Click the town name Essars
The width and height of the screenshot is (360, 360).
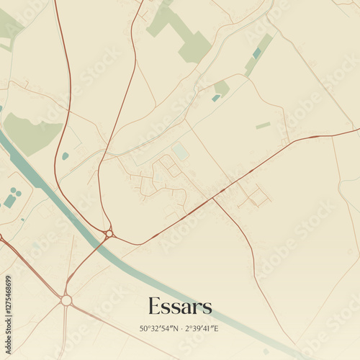[x=180, y=306]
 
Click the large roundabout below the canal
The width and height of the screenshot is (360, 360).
[x=66, y=300]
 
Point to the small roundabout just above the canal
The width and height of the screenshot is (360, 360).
[x=109, y=233]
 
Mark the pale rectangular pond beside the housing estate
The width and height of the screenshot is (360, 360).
[x=181, y=152]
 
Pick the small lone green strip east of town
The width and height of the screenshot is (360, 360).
[x=263, y=125]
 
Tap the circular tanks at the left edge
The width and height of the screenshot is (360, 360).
[x=11, y=197]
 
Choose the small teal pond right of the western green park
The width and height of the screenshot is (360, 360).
[x=66, y=156]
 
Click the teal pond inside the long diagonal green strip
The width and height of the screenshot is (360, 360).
[x=257, y=53]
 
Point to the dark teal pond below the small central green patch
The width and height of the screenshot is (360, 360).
[x=216, y=98]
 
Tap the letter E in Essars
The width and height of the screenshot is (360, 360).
[x=154, y=306]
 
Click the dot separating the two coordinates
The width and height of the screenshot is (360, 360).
[x=179, y=329]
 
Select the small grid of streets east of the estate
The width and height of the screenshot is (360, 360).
[x=253, y=196]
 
